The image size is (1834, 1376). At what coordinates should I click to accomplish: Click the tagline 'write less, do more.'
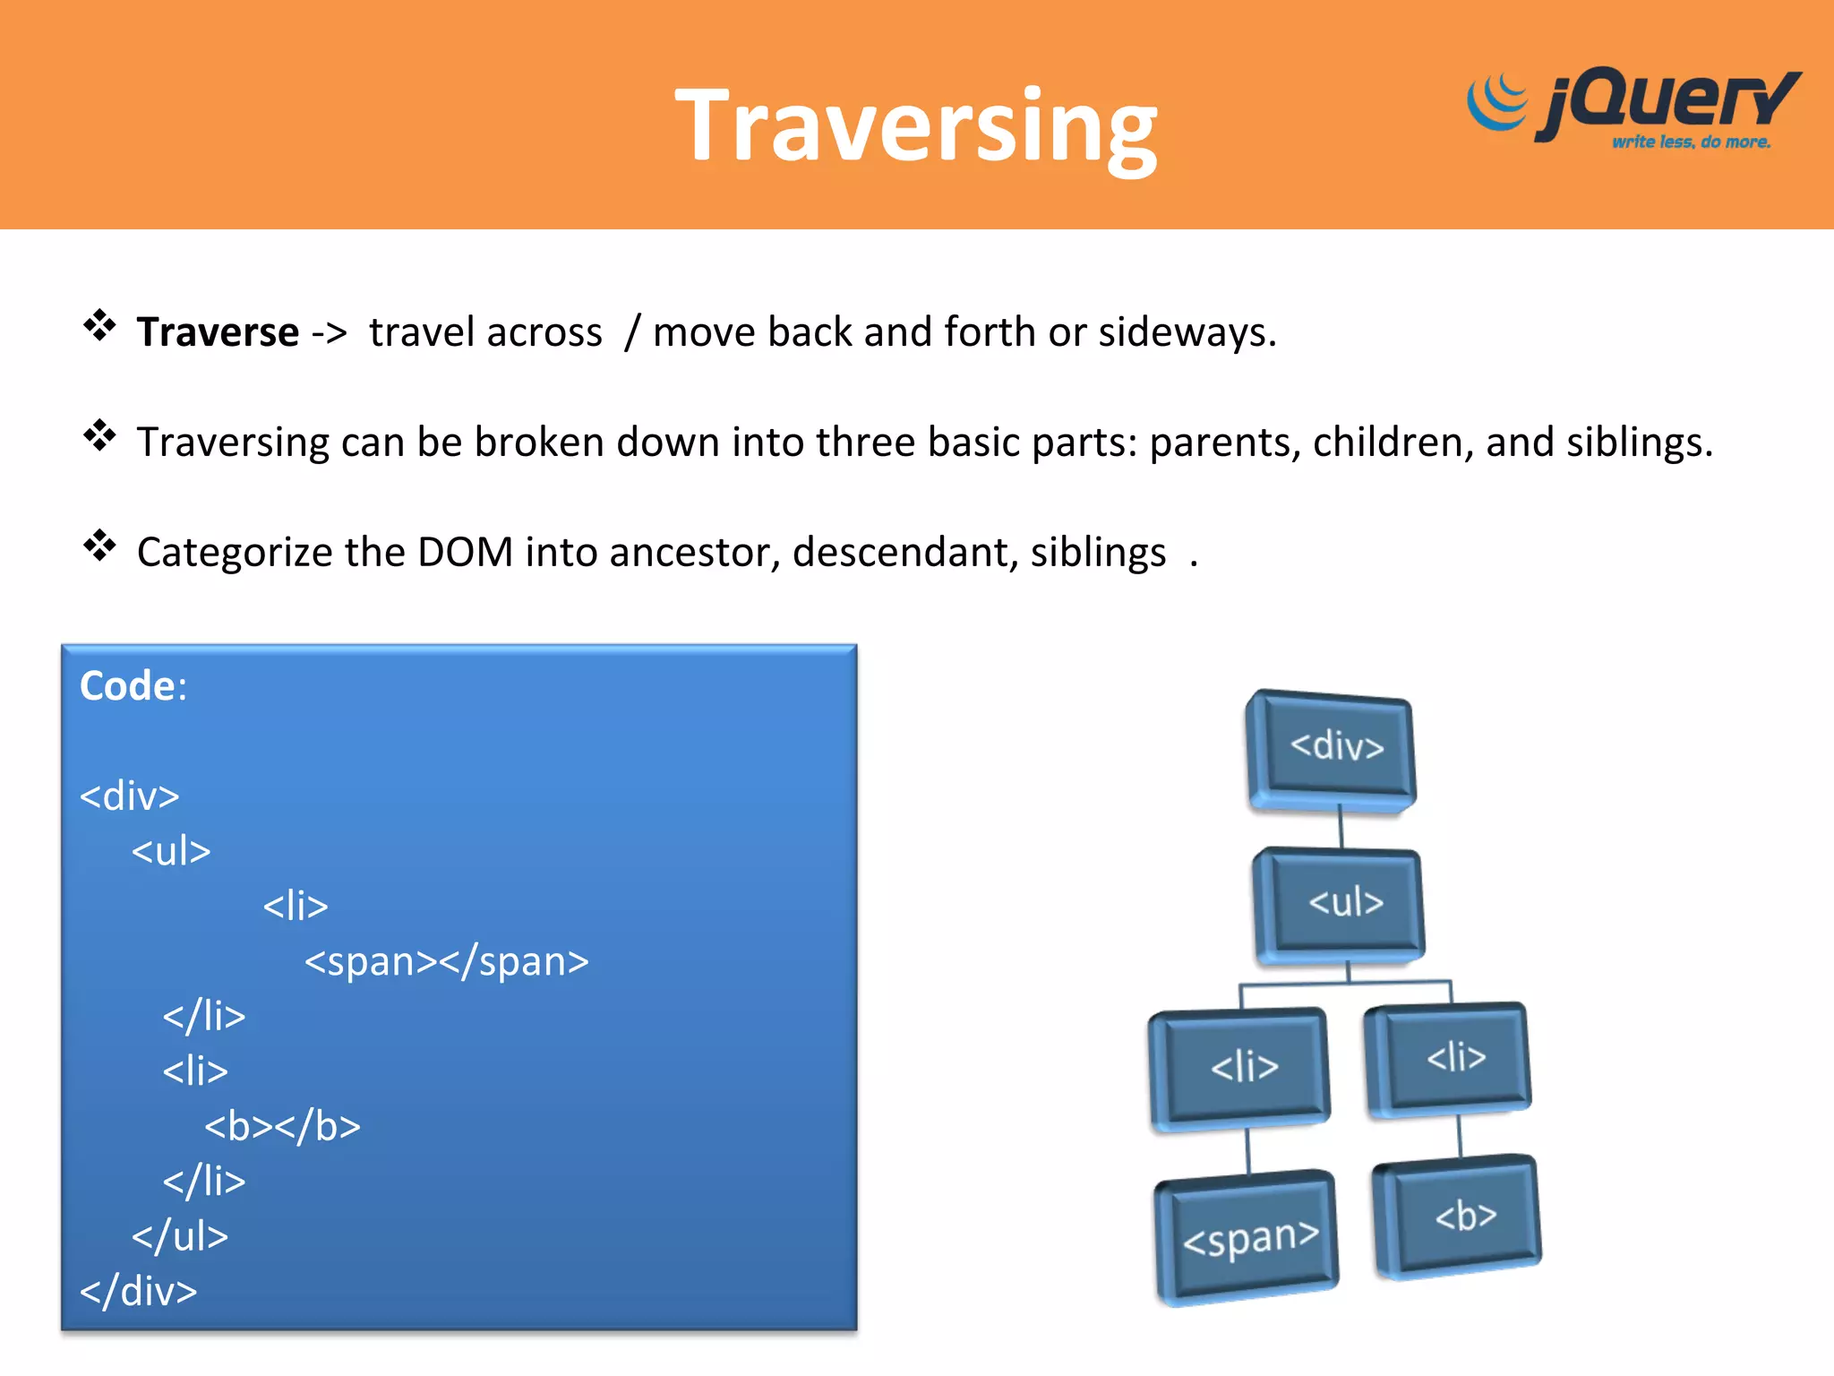1691,142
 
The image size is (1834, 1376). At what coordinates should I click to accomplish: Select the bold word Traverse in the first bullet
218,332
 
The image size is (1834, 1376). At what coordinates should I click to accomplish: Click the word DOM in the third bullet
465,552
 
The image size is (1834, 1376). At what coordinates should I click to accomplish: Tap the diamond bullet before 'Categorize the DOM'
99,546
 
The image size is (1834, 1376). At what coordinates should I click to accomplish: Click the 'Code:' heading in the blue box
133,686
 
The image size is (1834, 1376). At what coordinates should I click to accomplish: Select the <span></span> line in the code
446,961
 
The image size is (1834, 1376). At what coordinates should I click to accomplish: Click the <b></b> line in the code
282,1126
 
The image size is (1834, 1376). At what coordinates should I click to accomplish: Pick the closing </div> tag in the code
138,1291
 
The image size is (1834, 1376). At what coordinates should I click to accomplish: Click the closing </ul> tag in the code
179,1236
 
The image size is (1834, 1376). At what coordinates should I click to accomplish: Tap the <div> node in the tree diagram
1335,746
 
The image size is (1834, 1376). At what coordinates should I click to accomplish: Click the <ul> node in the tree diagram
1345,901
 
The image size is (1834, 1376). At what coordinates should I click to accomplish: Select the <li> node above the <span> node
1244,1066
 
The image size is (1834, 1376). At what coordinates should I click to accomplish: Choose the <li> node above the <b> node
1455,1057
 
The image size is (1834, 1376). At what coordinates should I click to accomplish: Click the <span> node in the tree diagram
1250,1238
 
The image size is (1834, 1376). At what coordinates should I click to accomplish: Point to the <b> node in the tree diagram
1465,1216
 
